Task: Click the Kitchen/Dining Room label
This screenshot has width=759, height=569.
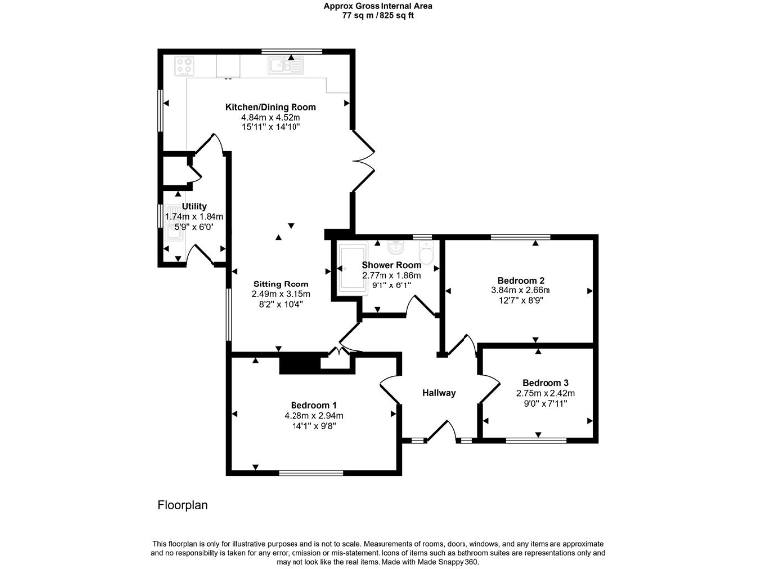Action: tap(271, 106)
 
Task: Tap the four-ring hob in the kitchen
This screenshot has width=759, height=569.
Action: tap(183, 66)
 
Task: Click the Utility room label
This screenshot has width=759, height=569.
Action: tap(194, 206)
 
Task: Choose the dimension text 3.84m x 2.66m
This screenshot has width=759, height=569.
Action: tap(520, 291)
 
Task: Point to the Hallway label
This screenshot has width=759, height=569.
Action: tap(439, 393)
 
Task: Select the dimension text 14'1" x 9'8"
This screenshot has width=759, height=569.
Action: tap(313, 427)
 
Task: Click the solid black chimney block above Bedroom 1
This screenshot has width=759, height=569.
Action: tap(299, 364)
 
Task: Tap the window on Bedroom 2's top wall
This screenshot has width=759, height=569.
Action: tap(521, 237)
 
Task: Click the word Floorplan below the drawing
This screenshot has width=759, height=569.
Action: tap(183, 505)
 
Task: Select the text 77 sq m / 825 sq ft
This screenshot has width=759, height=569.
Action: tap(379, 16)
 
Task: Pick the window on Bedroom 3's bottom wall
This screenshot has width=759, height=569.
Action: tap(537, 438)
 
